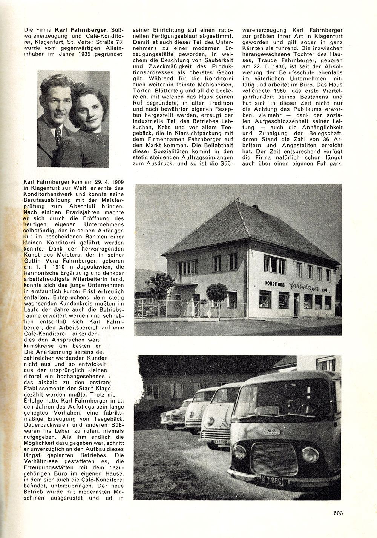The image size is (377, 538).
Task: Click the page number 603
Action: point(337,512)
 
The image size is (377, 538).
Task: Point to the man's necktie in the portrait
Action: point(58,134)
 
